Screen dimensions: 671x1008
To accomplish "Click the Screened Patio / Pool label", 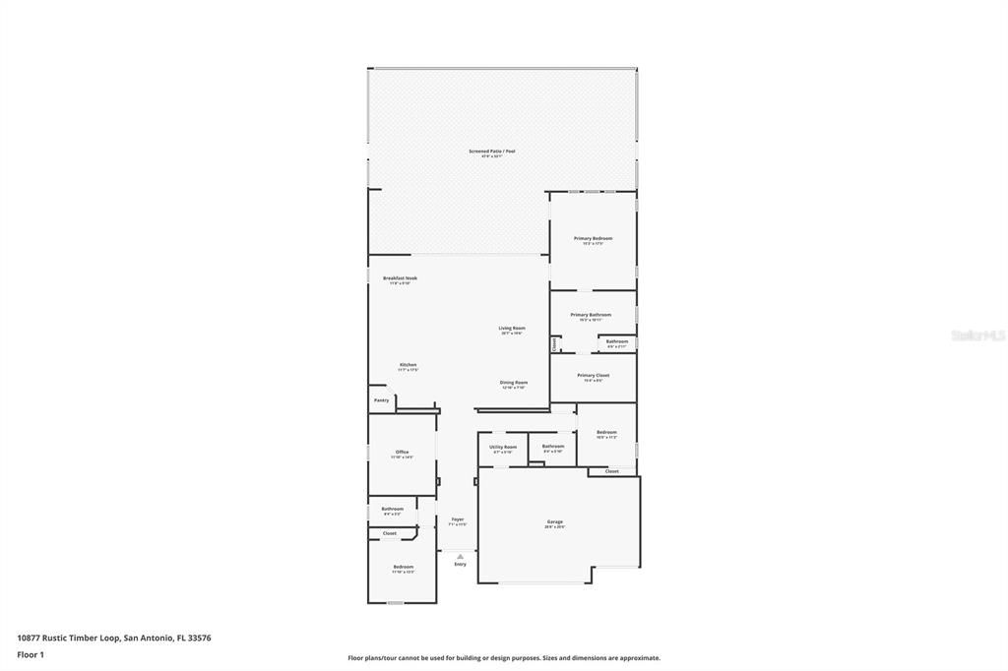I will (491, 152).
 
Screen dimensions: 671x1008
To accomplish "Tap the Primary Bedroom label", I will (594, 238).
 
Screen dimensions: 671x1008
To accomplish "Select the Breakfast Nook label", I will (400, 278).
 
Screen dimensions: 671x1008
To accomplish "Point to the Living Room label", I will (511, 329).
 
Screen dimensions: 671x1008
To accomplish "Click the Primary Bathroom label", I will (591, 315).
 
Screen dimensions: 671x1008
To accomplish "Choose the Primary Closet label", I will (593, 375).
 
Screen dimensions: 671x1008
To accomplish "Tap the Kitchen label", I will (408, 365).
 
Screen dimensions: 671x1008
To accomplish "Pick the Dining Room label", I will (514, 383).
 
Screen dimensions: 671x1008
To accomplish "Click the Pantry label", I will (381, 400).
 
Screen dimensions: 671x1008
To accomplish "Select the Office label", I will (402, 453).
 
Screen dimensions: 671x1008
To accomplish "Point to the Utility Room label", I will (503, 447).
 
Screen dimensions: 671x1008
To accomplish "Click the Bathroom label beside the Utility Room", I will (553, 447).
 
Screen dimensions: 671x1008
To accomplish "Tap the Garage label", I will (555, 521).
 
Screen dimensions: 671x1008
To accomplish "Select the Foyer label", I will (458, 519).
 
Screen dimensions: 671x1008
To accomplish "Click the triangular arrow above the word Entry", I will (460, 556).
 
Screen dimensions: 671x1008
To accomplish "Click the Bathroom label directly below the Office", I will (392, 509).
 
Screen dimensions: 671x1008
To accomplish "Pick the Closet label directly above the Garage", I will (611, 471).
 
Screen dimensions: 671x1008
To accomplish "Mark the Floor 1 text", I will (31, 654).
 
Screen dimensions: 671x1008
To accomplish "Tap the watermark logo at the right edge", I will (977, 335).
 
